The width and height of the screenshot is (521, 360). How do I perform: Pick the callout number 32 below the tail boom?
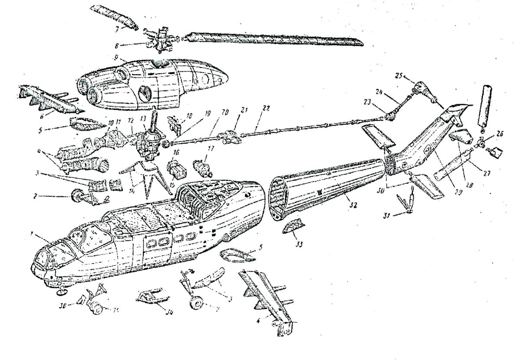pos(354,204)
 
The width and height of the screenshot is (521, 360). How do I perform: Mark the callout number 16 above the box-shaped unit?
pos(176,153)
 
